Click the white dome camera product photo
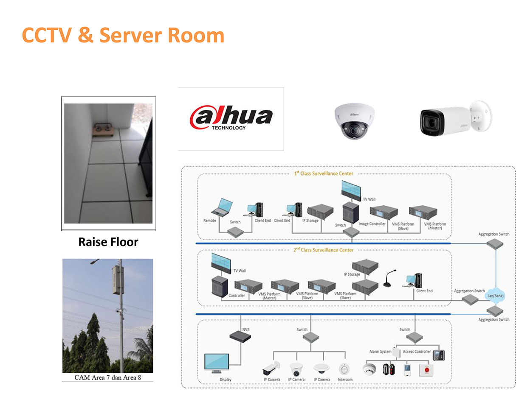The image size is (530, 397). point(354,121)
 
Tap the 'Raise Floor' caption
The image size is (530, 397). point(108,242)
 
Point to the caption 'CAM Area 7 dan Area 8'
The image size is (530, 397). point(108,377)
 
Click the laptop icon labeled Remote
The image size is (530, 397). point(223,207)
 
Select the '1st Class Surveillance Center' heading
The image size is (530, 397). point(324,173)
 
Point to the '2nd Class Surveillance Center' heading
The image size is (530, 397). point(324,250)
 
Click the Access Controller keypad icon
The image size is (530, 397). point(439,355)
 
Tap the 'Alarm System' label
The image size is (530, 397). point(380,352)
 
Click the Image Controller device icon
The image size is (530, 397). point(383,212)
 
